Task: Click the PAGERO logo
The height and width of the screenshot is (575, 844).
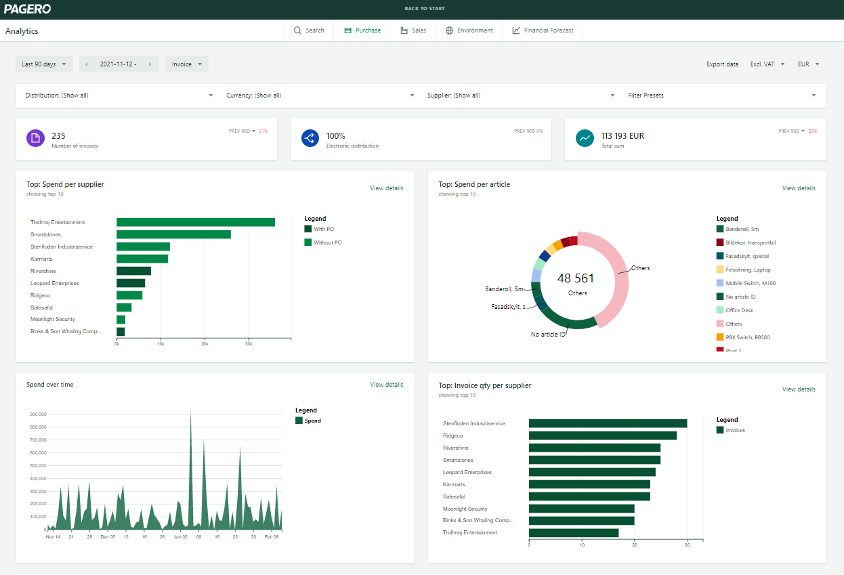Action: [x=28, y=9]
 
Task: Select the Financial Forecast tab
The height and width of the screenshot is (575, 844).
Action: [x=543, y=30]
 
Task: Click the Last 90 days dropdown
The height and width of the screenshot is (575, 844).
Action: [x=44, y=64]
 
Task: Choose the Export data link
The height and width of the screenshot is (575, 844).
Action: [x=722, y=64]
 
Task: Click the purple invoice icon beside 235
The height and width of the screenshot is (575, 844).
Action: [x=35, y=138]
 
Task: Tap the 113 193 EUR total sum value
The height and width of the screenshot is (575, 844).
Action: [x=623, y=136]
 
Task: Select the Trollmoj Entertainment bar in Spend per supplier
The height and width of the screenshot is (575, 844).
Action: [x=195, y=222]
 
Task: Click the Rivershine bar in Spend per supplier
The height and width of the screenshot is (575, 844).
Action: [x=133, y=271]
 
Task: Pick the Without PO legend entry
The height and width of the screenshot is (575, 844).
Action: [x=327, y=242]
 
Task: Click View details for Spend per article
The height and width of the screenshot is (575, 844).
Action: [x=799, y=188]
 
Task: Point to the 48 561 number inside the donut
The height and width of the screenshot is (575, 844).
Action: [x=575, y=278]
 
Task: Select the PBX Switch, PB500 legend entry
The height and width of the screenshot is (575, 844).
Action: [x=747, y=337]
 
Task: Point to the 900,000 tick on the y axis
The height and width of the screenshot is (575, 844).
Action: [x=37, y=414]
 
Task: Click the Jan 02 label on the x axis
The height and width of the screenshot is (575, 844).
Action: [x=180, y=536]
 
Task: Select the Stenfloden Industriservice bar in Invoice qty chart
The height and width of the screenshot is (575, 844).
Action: [x=608, y=423]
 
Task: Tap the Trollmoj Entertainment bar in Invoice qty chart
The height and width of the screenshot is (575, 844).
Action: [x=573, y=533]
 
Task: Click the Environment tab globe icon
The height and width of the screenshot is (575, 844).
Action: [x=449, y=30]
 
